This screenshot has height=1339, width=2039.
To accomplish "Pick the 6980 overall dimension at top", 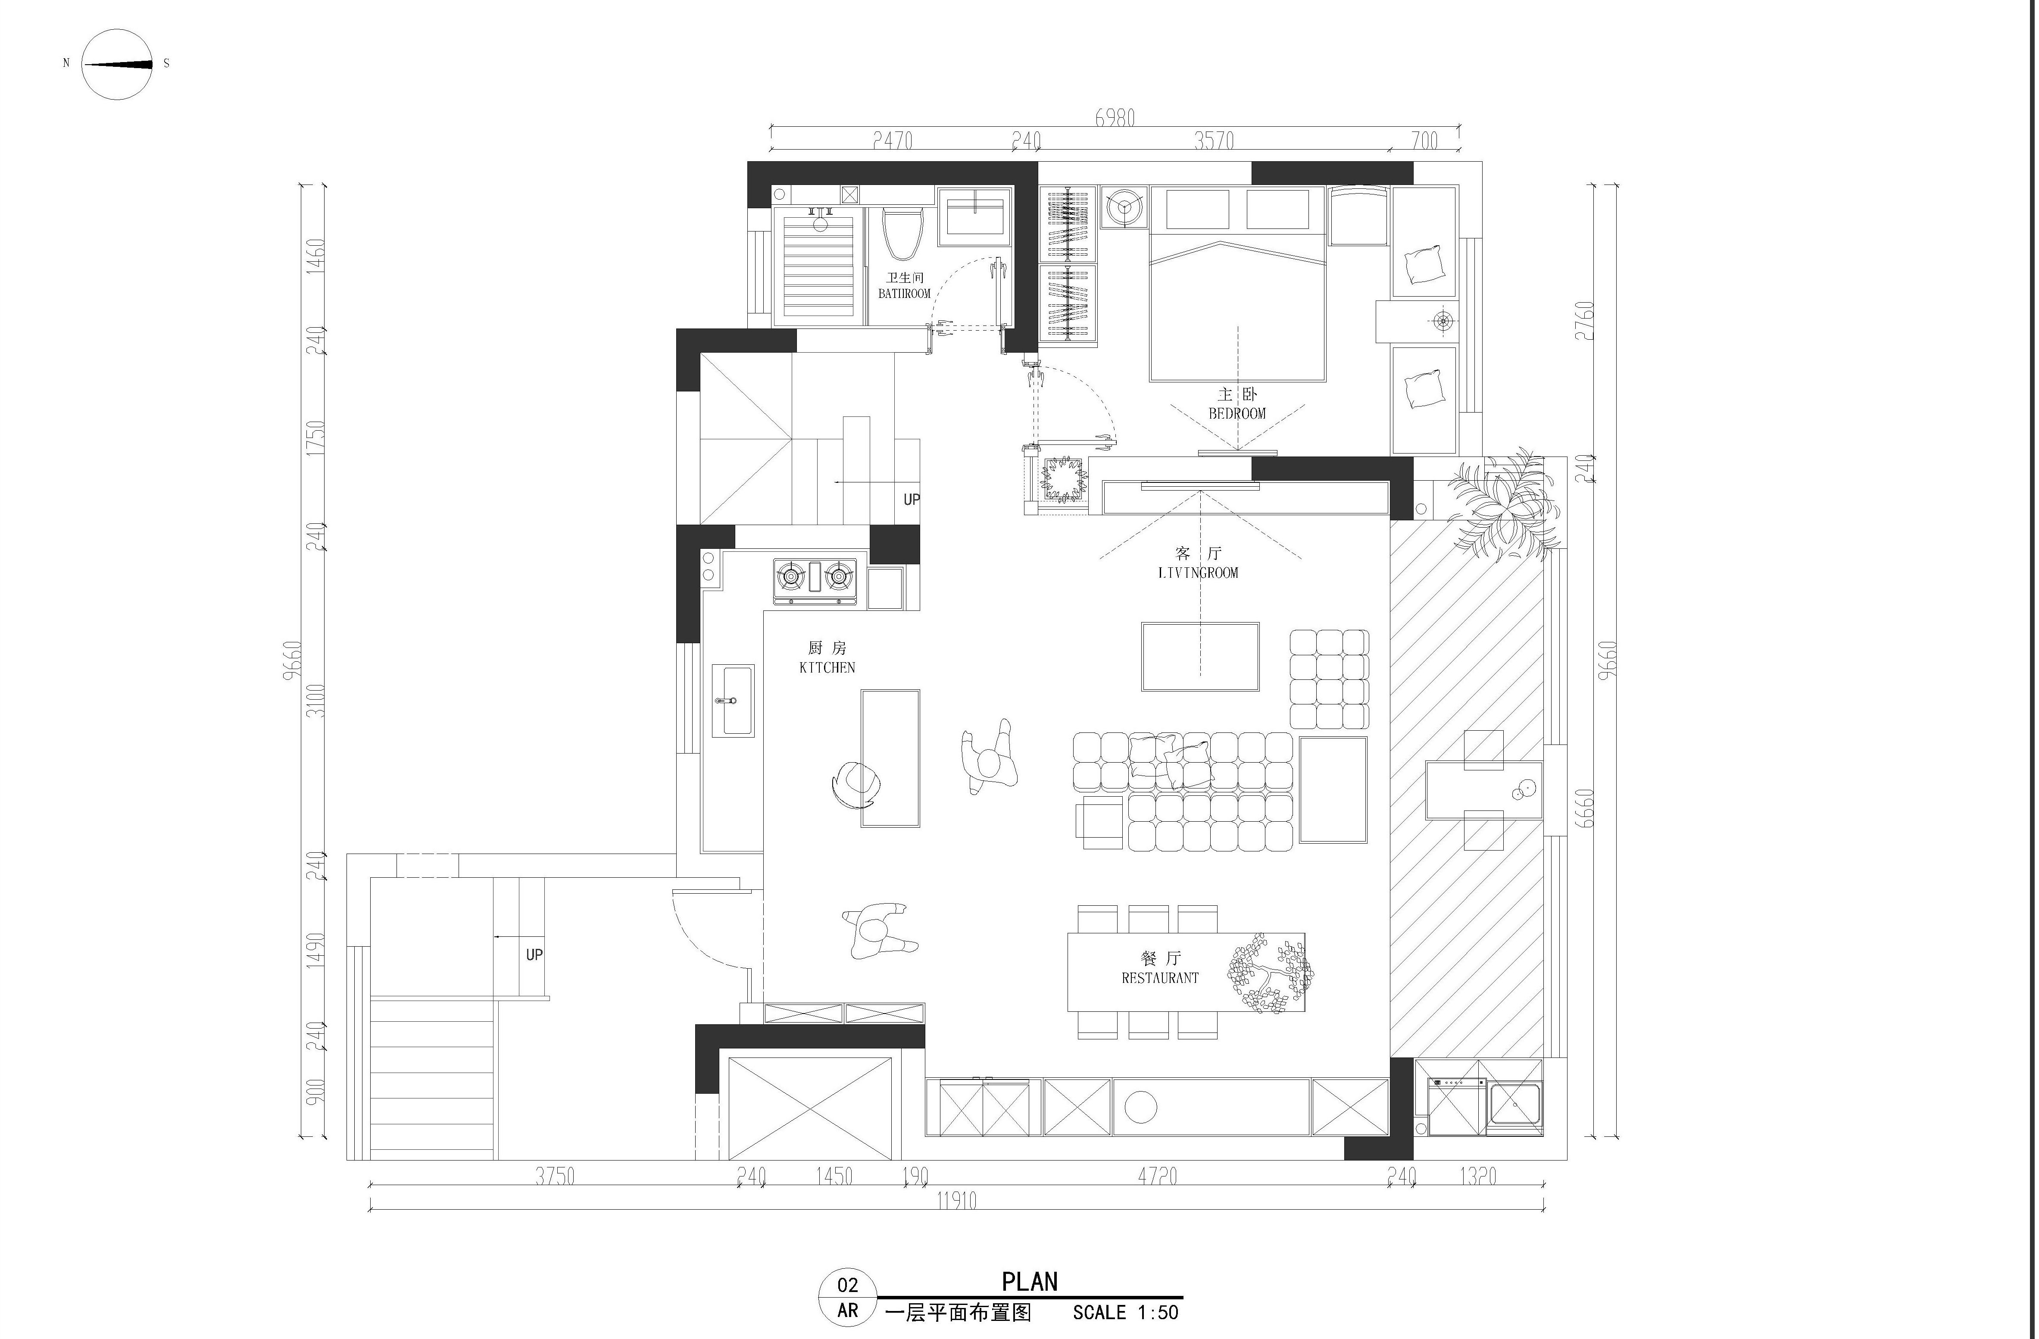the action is (1115, 117).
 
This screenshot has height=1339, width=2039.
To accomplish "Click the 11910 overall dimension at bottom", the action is (956, 1201).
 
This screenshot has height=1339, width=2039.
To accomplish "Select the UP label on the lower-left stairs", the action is (534, 954).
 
